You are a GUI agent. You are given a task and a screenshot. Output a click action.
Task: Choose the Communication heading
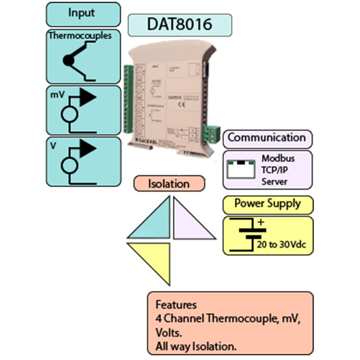point(267,137)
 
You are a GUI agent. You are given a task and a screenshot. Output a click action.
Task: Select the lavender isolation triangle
point(189,222)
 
